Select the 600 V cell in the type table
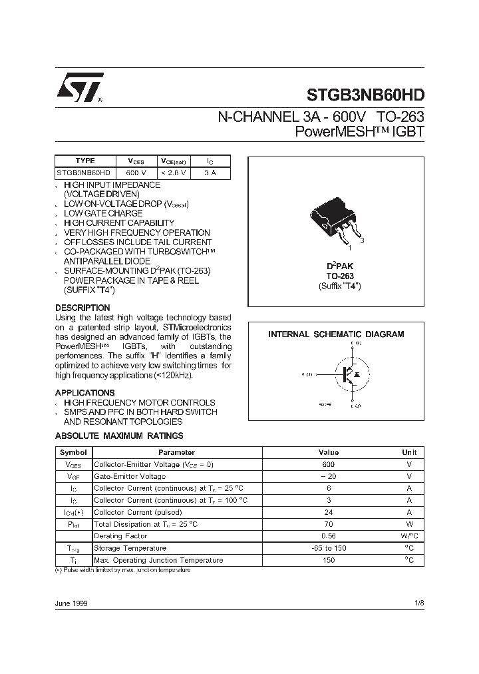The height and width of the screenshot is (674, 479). click(135, 172)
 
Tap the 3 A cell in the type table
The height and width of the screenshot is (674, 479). click(210, 172)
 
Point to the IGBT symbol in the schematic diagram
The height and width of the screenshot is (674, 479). click(350, 375)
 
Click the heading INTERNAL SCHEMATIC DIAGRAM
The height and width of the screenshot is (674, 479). click(336, 334)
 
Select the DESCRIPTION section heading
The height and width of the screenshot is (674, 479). click(82, 308)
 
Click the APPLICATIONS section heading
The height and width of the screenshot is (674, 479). click(84, 392)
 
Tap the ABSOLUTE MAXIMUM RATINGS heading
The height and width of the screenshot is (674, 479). click(119, 436)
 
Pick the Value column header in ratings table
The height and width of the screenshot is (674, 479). click(328, 452)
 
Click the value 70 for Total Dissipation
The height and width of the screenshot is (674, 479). click(328, 524)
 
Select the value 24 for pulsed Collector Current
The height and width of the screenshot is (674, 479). click(328, 512)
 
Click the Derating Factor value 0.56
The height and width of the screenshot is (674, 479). click(328, 536)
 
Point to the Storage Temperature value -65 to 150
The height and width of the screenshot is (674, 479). click(328, 548)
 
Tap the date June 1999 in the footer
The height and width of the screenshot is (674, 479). click(71, 603)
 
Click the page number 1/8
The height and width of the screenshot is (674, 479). click(418, 603)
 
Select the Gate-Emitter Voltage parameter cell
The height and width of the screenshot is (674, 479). click(130, 476)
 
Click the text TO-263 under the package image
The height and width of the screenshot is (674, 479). click(339, 276)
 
